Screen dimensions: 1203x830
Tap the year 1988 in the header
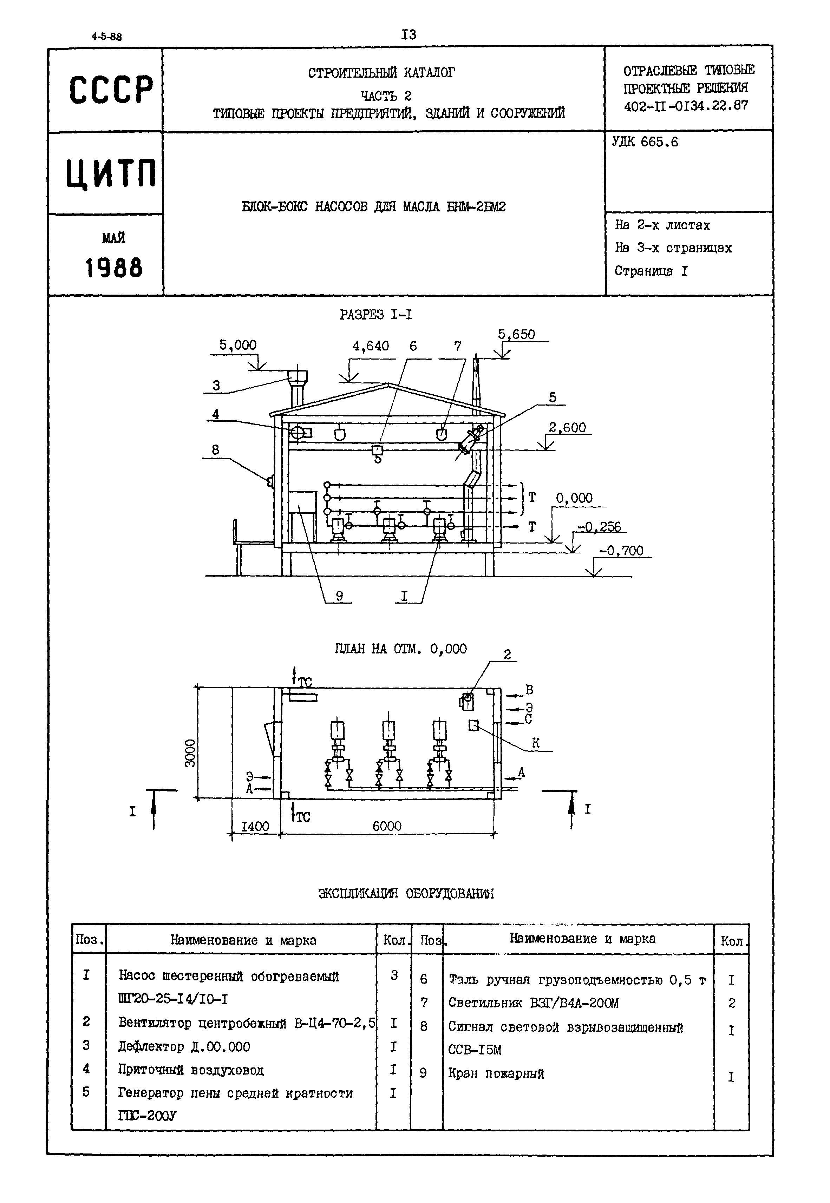click(113, 268)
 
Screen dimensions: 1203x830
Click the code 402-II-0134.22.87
click(686, 106)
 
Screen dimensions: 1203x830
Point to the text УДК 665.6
click(645, 142)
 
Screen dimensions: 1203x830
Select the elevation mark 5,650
click(516, 334)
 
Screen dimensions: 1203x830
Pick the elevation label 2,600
click(567, 427)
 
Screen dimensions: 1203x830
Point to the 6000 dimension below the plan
click(387, 826)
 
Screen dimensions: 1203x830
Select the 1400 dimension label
click(255, 827)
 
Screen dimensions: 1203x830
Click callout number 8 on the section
click(215, 450)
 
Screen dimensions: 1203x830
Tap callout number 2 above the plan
click(507, 655)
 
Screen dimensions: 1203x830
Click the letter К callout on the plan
click(536, 743)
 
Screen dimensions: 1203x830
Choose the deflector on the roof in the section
click(298, 377)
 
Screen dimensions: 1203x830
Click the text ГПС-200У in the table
click(147, 1116)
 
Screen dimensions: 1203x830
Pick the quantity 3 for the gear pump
click(394, 975)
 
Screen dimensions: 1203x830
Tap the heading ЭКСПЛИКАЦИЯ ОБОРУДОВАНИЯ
click(406, 894)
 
